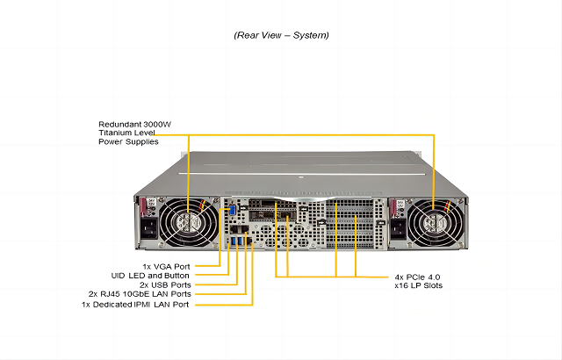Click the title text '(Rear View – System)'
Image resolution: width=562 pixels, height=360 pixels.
(281, 36)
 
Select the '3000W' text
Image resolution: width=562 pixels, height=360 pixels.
(160, 125)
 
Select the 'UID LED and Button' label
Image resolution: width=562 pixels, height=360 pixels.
(150, 275)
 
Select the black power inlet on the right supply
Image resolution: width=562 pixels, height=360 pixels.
(396, 231)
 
